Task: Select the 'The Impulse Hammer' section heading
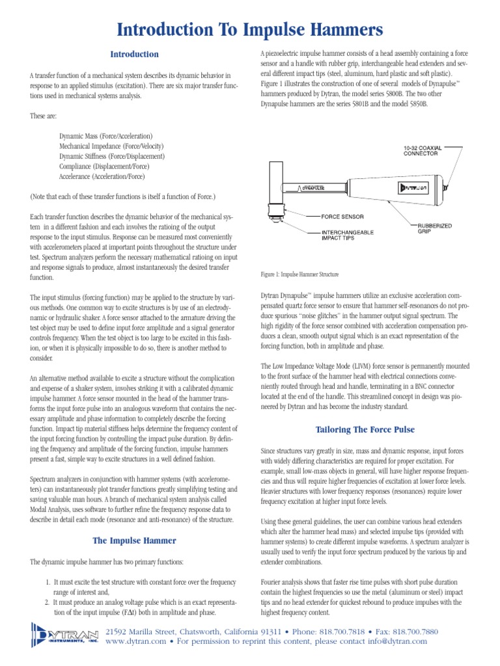[133, 540]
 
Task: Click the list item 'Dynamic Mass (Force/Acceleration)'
[105, 136]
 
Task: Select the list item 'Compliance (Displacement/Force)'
[102, 166]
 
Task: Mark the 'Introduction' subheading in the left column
[133, 54]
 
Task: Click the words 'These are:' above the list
[43, 116]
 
